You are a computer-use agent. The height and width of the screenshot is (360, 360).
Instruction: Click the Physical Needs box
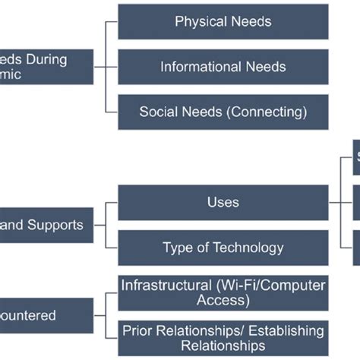(x=223, y=22)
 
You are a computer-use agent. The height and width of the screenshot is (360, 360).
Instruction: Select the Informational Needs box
(x=223, y=67)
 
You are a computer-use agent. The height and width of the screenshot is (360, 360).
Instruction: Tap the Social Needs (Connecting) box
(x=223, y=112)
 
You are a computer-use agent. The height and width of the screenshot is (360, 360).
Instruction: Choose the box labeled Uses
(x=223, y=202)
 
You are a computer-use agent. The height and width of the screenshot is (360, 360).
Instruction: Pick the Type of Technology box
(x=223, y=248)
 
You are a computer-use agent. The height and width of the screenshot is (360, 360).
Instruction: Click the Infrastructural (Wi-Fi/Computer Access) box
(x=223, y=292)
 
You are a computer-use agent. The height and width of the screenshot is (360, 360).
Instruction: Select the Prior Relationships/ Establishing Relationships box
(x=223, y=338)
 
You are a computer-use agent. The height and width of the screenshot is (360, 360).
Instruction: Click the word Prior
(x=138, y=331)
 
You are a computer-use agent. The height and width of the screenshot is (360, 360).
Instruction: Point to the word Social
(x=157, y=112)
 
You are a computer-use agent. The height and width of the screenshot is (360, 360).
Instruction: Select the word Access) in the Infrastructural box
(x=223, y=300)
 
